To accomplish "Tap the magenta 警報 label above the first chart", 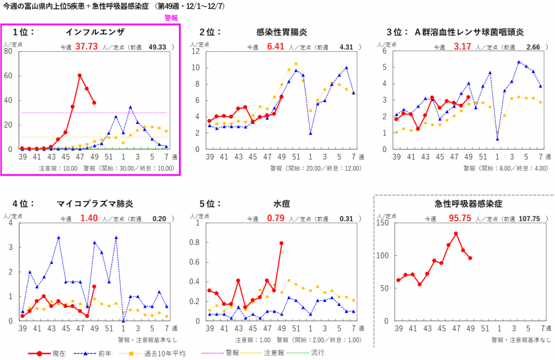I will pos(171,18).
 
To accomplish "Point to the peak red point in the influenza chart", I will pos(80,75).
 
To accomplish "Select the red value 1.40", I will pos(89,218).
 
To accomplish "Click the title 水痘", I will pos(281,204).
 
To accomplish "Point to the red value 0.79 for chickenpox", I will pos(276,218).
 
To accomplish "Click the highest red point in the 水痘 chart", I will pos(281,243).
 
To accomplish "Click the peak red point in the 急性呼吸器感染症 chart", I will pos(456,234).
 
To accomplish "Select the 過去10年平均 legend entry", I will pos(162,353).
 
